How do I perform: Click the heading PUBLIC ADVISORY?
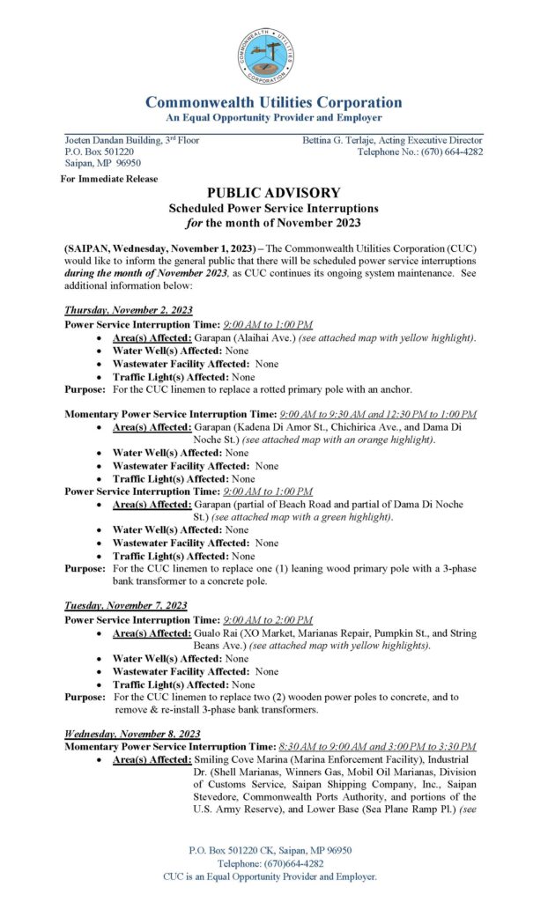(274, 193)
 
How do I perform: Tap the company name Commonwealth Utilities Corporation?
(274, 102)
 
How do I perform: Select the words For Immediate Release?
(109, 179)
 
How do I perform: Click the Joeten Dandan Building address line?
(132, 140)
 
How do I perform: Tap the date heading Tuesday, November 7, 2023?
(125, 605)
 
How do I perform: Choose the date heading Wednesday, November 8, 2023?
(132, 734)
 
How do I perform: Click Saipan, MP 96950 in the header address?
(103, 163)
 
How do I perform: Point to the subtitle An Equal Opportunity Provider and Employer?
(274, 118)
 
